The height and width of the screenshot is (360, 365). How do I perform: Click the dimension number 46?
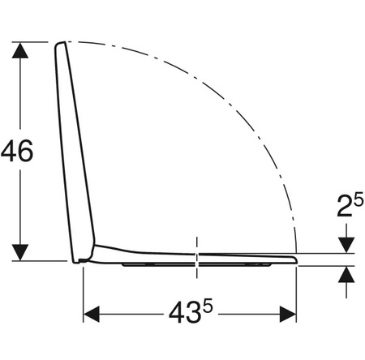click(17, 151)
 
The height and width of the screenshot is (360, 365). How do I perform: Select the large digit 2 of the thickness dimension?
click(345, 206)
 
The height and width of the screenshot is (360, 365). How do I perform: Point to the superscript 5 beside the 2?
click(359, 200)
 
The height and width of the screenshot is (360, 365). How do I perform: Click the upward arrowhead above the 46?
click(20, 50)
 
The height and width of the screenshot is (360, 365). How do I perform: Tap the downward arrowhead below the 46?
click(20, 252)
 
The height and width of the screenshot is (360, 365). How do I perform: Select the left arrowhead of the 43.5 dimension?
click(92, 315)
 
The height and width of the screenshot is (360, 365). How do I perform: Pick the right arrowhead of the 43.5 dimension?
click(288, 315)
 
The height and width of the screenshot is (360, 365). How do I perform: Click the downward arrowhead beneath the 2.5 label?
click(346, 246)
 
